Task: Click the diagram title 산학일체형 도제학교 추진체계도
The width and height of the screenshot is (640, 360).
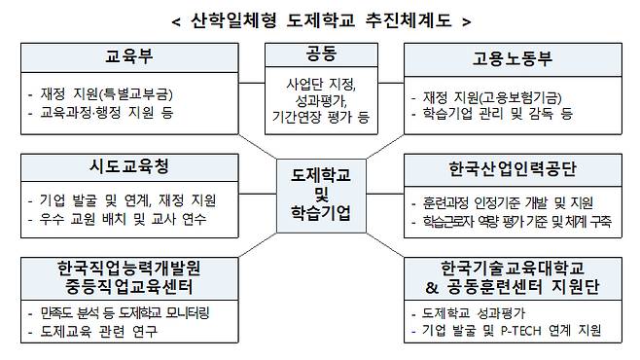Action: click(319, 20)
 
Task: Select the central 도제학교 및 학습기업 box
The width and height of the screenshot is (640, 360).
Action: click(320, 193)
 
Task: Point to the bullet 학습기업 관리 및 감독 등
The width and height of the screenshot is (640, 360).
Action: click(497, 114)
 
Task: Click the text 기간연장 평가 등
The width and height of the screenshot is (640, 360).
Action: click(320, 118)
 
